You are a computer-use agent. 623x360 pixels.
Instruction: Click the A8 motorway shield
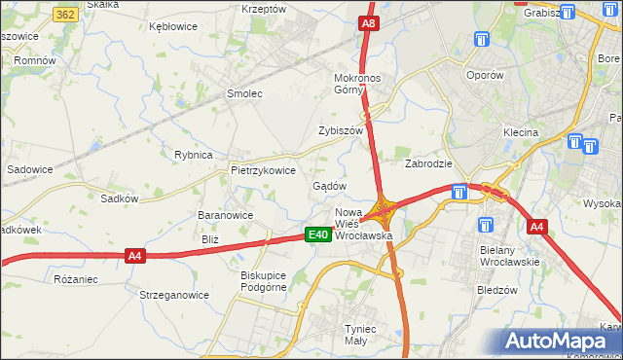tap(367, 22)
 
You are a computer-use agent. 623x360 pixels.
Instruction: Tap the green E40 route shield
tap(316, 234)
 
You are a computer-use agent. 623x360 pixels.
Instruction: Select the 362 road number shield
tap(66, 16)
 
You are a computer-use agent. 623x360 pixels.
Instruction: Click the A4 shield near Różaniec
tap(135, 256)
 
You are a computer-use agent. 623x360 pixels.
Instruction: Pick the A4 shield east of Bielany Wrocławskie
tap(536, 227)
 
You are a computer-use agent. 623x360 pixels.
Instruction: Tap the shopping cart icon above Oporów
tap(482, 39)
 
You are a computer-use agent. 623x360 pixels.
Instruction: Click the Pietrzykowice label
tap(263, 169)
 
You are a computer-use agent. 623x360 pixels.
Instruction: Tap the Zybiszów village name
tap(340, 130)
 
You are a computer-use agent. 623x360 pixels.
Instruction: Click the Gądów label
tap(329, 185)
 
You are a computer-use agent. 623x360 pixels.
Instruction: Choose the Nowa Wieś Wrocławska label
tap(363, 224)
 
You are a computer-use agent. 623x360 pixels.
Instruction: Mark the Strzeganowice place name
tap(174, 295)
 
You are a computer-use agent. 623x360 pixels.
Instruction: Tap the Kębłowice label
tap(174, 26)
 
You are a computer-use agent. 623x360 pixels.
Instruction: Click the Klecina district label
tap(521, 132)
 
